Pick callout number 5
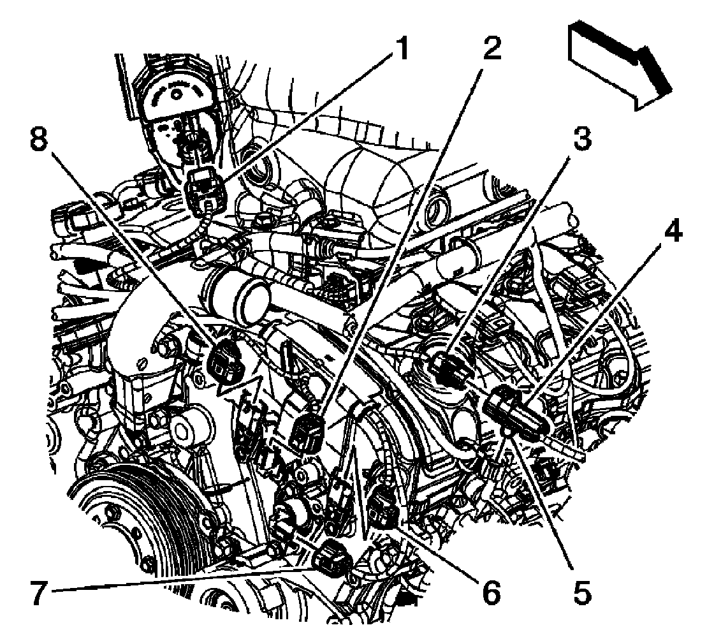pyautogui.click(x=581, y=592)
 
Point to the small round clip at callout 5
pyautogui.click(x=507, y=433)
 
